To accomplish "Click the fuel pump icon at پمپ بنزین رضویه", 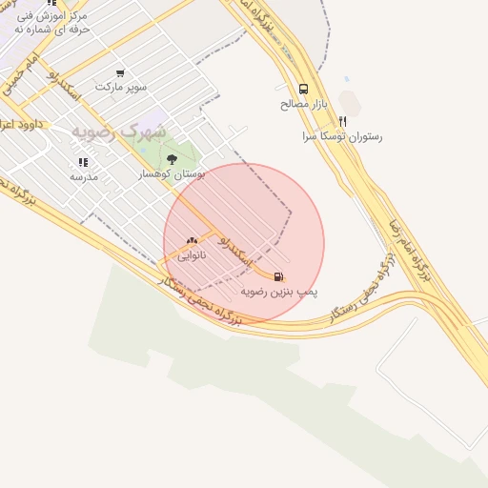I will point(278,276).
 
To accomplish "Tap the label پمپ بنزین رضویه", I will point(278,290).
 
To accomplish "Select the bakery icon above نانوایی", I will point(192,242).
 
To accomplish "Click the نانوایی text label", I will point(192,255).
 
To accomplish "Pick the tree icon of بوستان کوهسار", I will point(172,159).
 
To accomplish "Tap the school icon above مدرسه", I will point(83,162).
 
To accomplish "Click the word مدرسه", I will point(84,176).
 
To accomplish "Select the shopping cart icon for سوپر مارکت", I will point(120,72).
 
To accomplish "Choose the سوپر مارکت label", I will point(121,87).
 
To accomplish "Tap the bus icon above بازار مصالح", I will point(303,88).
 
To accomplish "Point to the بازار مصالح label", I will point(303,103).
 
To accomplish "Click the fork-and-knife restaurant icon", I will point(342,121).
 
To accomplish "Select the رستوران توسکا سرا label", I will point(342,136).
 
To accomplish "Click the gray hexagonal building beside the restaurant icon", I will point(350,102).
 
